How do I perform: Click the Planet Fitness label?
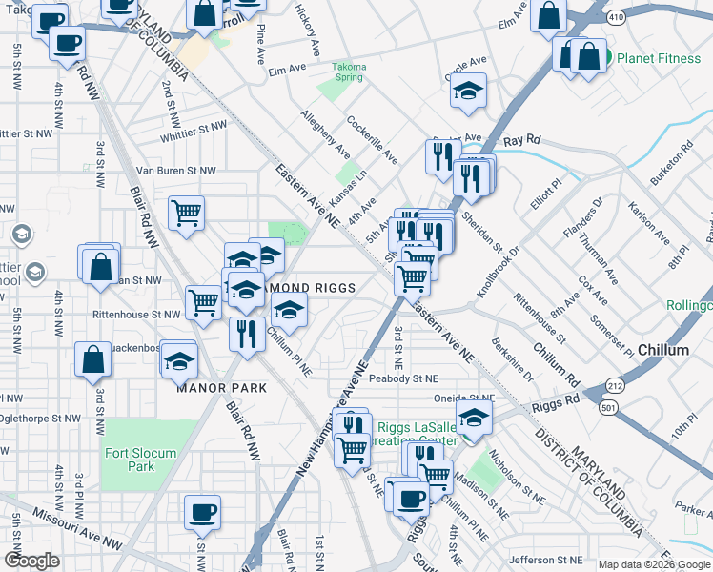(659, 58)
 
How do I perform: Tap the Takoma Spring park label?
(349, 72)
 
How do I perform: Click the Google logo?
(31, 561)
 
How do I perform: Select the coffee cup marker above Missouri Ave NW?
(202, 511)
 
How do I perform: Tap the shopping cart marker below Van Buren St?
(187, 213)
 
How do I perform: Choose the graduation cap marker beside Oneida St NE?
(474, 416)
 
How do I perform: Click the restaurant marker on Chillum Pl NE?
(246, 333)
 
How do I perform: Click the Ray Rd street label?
(522, 139)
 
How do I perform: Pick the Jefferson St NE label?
(545, 560)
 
